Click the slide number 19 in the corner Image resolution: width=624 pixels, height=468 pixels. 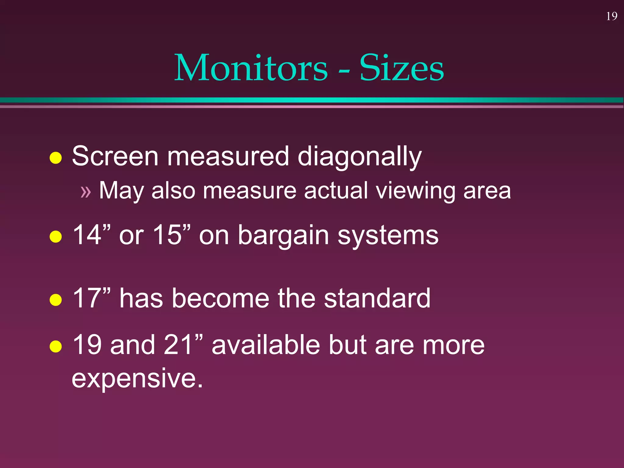click(612, 16)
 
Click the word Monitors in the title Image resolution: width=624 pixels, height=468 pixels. click(251, 68)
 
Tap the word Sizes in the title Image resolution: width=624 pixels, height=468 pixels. click(402, 68)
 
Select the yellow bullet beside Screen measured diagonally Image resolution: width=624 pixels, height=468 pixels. click(56, 158)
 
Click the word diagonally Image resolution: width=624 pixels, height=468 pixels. click(360, 157)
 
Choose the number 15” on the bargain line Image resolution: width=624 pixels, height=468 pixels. click(172, 235)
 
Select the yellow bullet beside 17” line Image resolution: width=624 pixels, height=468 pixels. click(56, 300)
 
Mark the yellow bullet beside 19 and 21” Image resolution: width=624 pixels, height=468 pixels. click(56, 346)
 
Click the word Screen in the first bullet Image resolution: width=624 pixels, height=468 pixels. click(115, 157)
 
